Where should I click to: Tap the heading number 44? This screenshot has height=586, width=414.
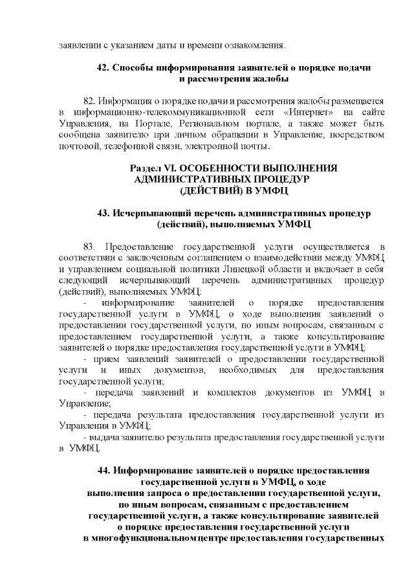click(x=103, y=470)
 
